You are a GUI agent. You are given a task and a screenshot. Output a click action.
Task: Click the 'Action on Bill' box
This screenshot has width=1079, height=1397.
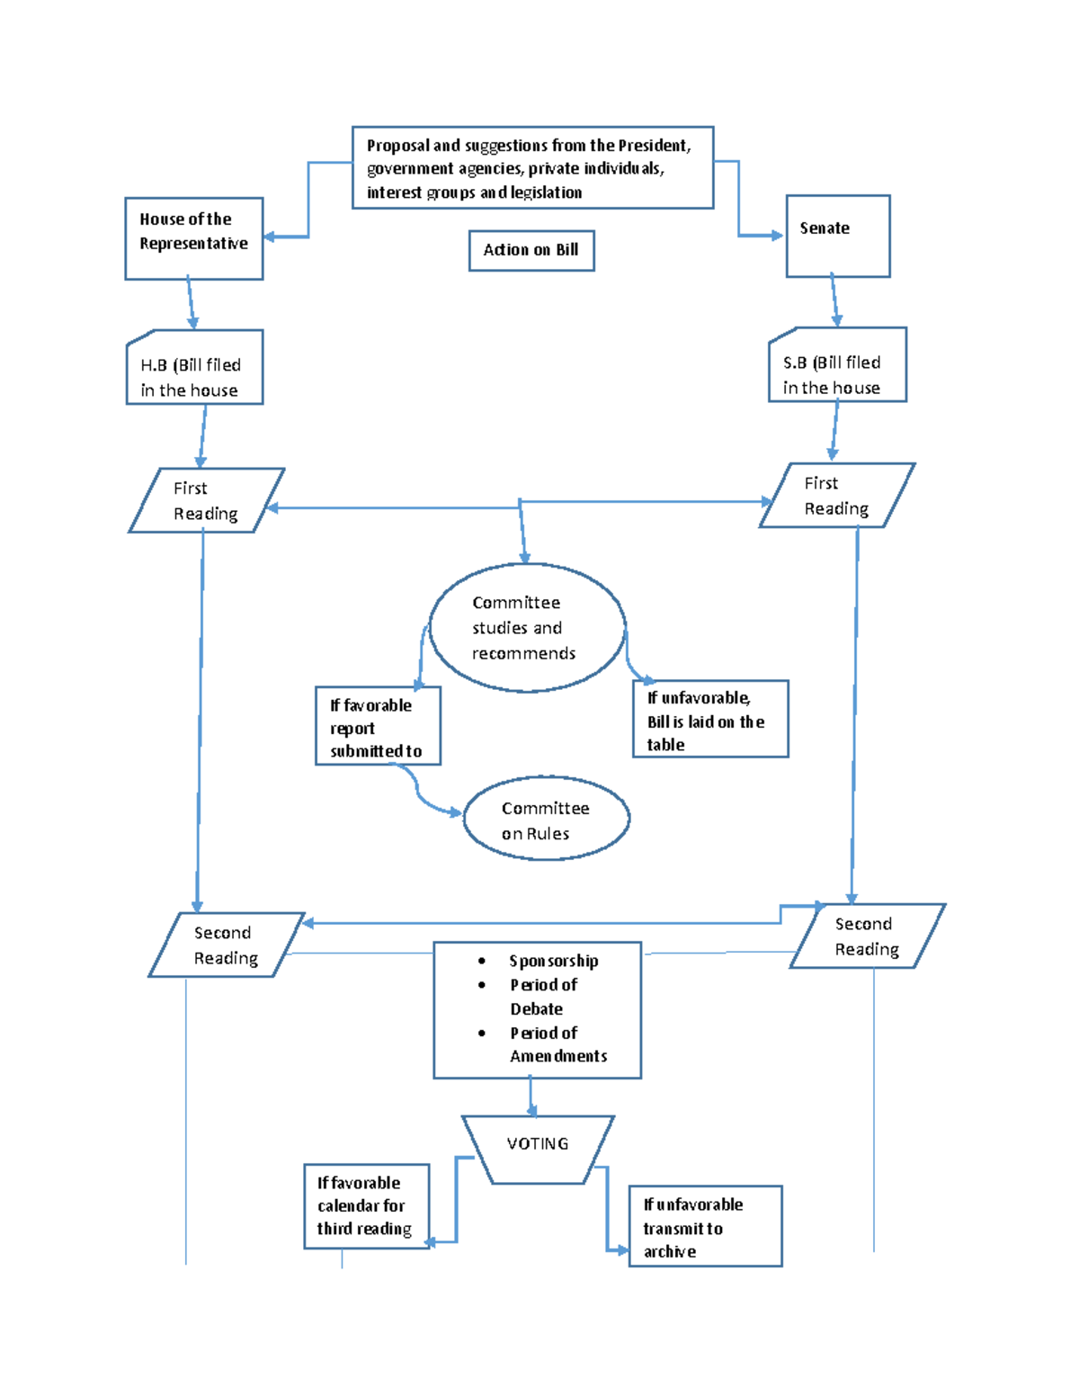pyautogui.click(x=531, y=250)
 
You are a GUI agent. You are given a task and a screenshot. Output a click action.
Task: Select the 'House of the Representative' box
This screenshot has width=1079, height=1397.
pyautogui.click(x=193, y=238)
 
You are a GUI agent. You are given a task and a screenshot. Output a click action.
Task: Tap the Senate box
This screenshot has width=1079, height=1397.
pyautogui.click(x=837, y=236)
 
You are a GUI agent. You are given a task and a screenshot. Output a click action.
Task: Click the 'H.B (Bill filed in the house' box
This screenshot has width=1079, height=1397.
pyautogui.click(x=194, y=367)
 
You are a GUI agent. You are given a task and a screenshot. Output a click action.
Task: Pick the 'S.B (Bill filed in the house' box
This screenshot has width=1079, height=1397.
pyautogui.click(x=837, y=364)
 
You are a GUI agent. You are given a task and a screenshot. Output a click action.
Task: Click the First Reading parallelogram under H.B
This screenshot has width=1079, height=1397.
pyautogui.click(x=206, y=500)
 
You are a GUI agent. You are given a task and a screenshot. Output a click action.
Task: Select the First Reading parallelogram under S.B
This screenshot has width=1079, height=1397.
pyautogui.click(x=836, y=496)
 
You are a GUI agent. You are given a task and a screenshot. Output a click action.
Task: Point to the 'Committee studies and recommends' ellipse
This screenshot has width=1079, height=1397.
pyautogui.click(x=527, y=628)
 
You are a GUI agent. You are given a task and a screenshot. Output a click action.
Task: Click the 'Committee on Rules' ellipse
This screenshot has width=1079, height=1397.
pyautogui.click(x=546, y=819)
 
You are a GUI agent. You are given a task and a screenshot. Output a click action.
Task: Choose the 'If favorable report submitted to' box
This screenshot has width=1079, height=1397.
pyautogui.click(x=378, y=726)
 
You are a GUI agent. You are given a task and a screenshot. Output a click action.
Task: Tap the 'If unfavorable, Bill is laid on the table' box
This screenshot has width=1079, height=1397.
pyautogui.click(x=710, y=720)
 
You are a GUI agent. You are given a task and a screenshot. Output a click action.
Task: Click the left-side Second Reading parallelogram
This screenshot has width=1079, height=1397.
pyautogui.click(x=226, y=945)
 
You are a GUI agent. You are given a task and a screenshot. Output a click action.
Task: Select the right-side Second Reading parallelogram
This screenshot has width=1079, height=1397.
pyautogui.click(x=867, y=936)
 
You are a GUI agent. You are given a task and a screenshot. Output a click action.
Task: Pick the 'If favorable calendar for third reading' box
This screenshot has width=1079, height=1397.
pyautogui.click(x=367, y=1206)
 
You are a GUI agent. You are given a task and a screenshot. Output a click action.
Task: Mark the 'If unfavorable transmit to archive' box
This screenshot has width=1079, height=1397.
pyautogui.click(x=705, y=1226)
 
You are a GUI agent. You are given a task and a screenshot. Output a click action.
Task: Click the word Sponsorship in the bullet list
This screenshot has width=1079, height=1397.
pyautogui.click(x=553, y=961)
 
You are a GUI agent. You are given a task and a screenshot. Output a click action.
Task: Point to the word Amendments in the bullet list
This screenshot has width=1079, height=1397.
pyautogui.click(x=558, y=1056)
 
